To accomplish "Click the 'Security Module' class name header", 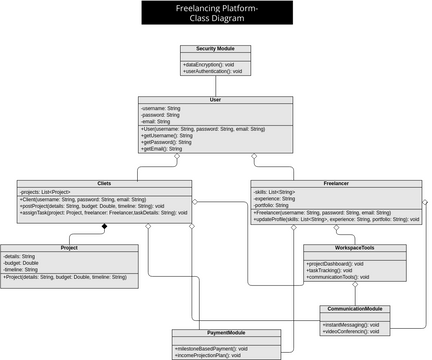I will coord(209,48).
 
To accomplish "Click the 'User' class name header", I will coord(215,100).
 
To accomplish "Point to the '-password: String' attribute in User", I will coord(161,115).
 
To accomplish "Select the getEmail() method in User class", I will coord(162,148).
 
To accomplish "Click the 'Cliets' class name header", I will coord(104,184).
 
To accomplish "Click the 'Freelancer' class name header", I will coord(336,184).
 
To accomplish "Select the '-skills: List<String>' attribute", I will coord(275,191).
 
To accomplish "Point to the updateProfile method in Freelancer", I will coord(336,218).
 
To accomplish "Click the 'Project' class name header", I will coord(69,247).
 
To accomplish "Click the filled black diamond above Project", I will coord(103,227).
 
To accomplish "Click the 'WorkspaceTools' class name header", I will coord(354,247).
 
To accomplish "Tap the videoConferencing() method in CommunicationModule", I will coord(350,332).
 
